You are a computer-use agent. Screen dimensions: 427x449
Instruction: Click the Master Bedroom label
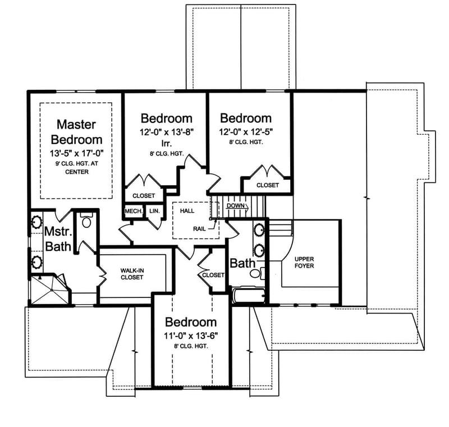point(76,132)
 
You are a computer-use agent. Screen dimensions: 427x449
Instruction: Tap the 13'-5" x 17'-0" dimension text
point(76,151)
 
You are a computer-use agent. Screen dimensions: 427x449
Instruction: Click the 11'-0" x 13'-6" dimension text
point(190,336)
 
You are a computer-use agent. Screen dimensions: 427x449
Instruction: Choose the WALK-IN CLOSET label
point(132,274)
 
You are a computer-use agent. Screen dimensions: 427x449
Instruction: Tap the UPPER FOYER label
point(304,262)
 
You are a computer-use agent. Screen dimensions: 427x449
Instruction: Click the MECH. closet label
point(133,212)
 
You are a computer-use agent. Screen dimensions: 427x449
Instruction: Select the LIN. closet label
point(154,212)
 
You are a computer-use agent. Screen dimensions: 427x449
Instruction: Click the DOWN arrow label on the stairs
point(236,206)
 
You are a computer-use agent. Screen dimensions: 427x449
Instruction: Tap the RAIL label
point(198,228)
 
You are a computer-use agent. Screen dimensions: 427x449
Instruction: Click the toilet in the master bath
point(86,222)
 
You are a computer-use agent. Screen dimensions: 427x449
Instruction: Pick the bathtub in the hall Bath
point(248,296)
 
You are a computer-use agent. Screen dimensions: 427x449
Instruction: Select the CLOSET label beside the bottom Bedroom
point(213,275)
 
